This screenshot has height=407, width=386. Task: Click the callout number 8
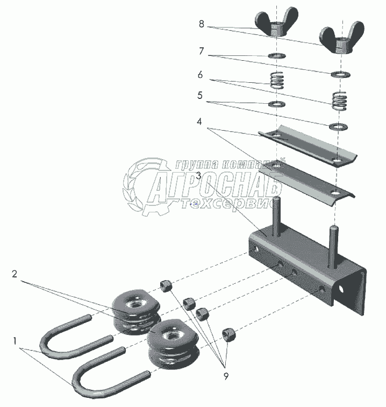202,24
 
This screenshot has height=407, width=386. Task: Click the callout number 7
202,51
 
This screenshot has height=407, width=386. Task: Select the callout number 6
200,75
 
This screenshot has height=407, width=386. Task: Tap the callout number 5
200,96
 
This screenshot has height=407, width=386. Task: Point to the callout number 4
199,122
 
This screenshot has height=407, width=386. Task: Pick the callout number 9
226,376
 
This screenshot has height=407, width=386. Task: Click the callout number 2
15,274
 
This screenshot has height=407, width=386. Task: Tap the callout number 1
15,341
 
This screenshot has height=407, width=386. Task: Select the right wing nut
341,38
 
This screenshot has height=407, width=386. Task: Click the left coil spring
277,80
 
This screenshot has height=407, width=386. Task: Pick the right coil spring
340,101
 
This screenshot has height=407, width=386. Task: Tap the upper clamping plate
308,146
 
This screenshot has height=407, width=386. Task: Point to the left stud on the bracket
276,217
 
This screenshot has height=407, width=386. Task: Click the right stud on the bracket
333,247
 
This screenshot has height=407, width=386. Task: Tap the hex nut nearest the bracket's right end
228,334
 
